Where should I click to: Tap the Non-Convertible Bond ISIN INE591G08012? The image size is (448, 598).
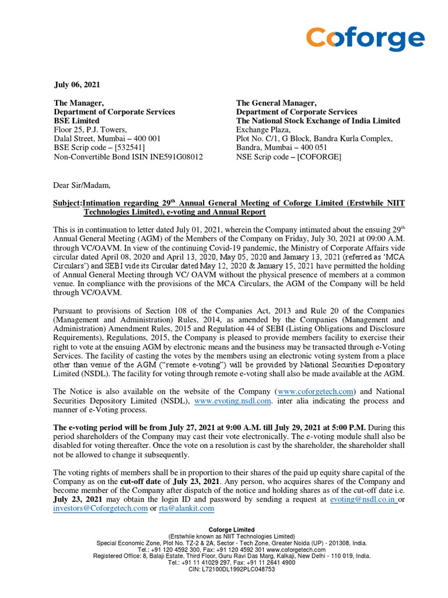coord(128,157)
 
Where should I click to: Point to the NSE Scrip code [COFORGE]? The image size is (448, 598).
coord(289,157)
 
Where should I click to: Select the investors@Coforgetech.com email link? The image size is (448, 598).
coord(100,509)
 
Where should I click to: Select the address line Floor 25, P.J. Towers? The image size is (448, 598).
coord(90,130)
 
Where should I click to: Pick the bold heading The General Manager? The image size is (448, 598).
coord(276,103)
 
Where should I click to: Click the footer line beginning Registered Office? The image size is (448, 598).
coord(232,556)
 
